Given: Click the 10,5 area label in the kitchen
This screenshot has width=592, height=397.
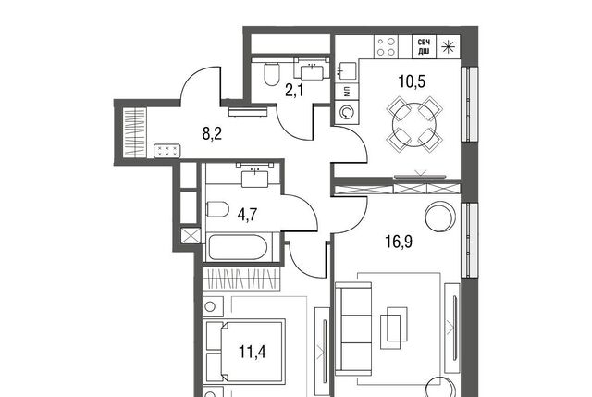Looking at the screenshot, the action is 412,81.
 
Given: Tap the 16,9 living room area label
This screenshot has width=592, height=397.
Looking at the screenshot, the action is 399,242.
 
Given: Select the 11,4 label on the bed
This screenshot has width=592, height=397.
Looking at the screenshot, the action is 253,352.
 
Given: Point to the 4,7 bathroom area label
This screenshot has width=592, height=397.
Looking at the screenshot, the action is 247,215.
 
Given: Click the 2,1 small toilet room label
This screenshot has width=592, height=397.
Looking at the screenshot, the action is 294,91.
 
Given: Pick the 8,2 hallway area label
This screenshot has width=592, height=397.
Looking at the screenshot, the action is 212,133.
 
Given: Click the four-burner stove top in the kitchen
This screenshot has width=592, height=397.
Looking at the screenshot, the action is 386,47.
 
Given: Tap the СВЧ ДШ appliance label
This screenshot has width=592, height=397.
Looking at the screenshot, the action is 424,47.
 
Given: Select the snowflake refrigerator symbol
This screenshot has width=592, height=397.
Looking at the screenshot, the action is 448,47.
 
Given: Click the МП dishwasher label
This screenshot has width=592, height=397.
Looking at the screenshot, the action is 347,91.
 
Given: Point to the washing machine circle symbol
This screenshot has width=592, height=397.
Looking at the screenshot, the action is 346,113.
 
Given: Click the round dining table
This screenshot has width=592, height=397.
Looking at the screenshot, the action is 414,125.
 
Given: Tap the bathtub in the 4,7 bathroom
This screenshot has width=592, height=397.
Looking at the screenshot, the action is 238,247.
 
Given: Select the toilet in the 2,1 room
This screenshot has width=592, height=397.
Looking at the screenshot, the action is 271,73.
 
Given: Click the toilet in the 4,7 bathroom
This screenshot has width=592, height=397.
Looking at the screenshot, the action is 217,209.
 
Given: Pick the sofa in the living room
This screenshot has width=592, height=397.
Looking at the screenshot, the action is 353,329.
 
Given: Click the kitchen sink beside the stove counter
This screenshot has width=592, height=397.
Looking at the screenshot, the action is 346,70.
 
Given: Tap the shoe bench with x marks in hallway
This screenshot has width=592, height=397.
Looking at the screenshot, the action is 167,151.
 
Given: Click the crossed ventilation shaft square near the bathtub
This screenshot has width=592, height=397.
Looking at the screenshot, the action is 191,236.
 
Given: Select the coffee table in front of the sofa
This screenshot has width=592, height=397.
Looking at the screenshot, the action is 394,328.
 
